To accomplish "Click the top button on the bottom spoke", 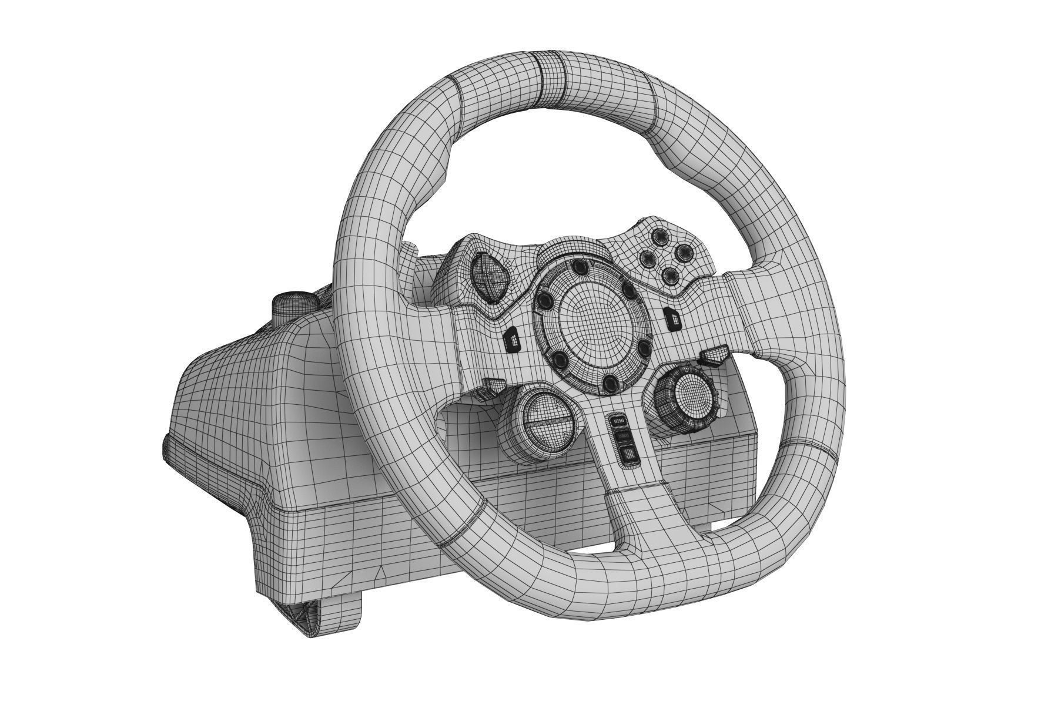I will pyautogui.click(x=617, y=421).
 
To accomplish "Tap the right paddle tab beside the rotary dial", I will pyautogui.click(x=712, y=355).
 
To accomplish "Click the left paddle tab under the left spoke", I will pyautogui.click(x=493, y=387).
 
